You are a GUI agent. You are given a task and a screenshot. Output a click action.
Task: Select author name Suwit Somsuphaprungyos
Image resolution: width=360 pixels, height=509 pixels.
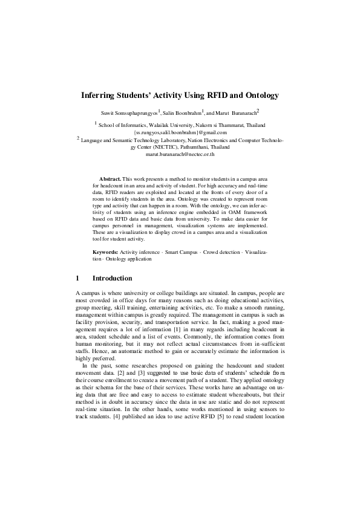click(x=128, y=113)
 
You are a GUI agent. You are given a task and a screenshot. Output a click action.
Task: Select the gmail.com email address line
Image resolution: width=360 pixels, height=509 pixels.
click(x=180, y=132)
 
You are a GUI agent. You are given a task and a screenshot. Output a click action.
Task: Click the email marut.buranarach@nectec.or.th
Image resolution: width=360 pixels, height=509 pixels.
click(x=180, y=154)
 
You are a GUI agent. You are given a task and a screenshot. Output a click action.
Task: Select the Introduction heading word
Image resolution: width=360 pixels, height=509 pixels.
click(x=112, y=279)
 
